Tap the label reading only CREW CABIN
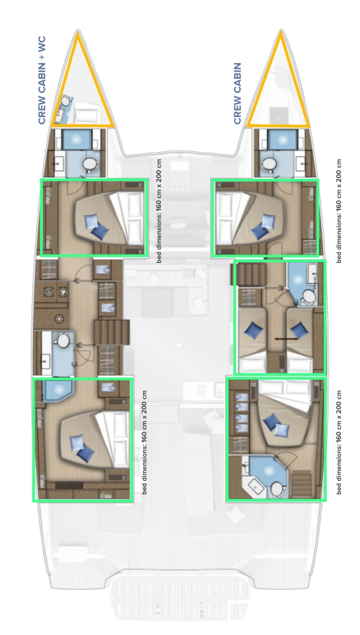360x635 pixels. pos(238,93)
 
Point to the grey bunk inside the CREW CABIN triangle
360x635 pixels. pos(276,114)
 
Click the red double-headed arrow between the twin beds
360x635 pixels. pos(285,339)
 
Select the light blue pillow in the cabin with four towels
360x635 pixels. pos(272,421)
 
